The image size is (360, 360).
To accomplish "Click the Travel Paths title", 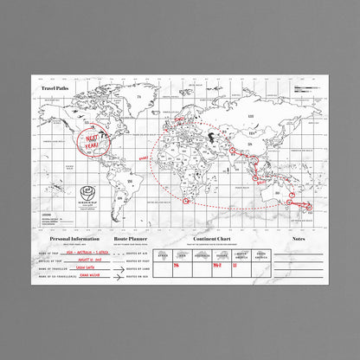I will [x=54, y=87].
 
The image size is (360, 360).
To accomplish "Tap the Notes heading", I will [x=298, y=238].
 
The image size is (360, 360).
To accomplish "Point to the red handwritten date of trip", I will [x=88, y=260].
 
